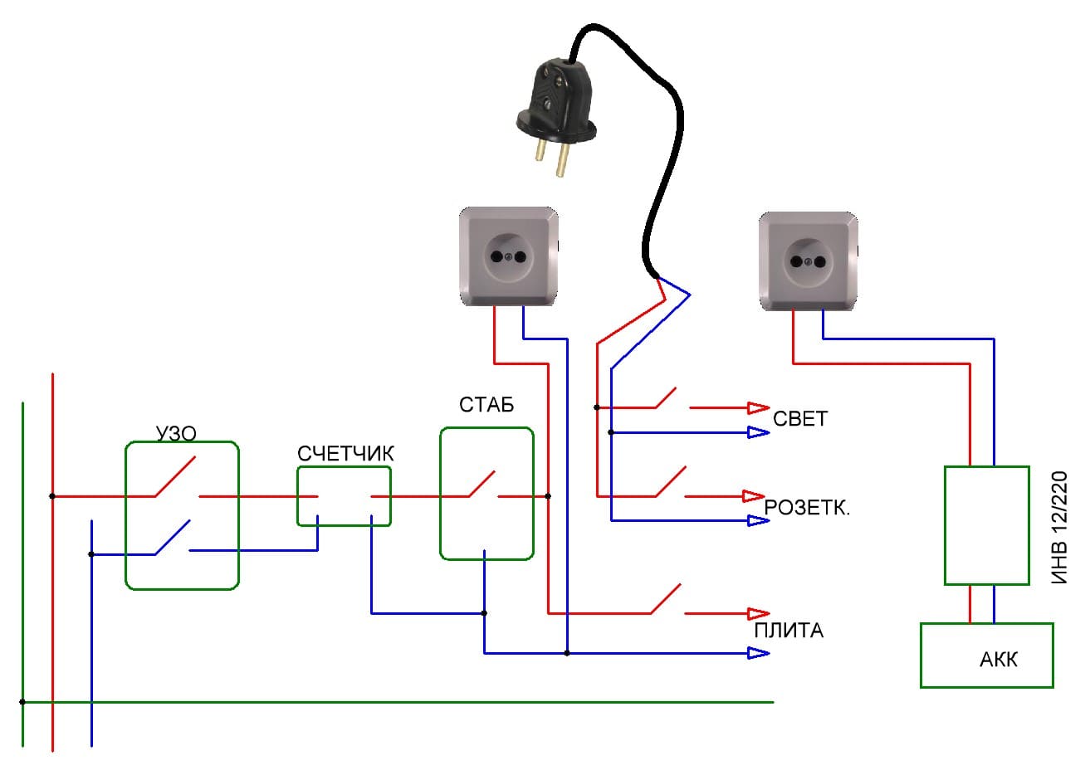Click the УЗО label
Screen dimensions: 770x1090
pos(176,433)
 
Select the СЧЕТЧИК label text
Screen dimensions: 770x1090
pos(345,454)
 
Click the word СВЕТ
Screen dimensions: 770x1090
pos(800,418)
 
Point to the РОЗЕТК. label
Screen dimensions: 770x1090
pos(807,508)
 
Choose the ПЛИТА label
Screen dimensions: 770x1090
pos(789,631)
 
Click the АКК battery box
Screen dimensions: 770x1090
pos(986,655)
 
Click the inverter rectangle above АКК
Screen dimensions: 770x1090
pos(986,525)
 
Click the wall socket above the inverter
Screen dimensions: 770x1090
pos(809,261)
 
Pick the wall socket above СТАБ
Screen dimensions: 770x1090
pos(509,257)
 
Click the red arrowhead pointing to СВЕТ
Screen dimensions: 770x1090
pos(758,407)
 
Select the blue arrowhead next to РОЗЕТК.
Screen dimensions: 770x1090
pos(758,520)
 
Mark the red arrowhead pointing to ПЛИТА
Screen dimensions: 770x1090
pos(758,613)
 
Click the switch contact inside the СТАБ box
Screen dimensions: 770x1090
pos(482,486)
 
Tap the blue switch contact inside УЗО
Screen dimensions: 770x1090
pos(172,538)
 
